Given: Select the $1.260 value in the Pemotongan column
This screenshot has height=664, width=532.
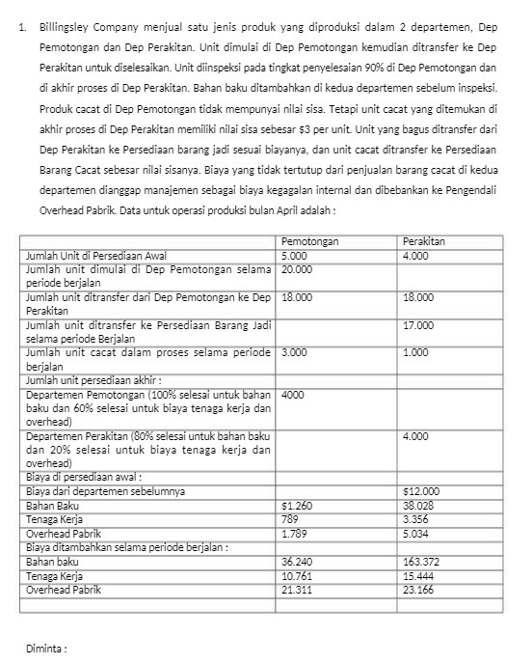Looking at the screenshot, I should click(296, 505).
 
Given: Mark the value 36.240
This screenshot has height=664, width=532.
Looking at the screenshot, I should click(298, 560).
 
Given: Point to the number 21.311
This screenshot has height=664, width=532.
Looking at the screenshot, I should click(297, 587).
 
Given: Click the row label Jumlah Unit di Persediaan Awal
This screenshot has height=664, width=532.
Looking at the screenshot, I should click(92, 255).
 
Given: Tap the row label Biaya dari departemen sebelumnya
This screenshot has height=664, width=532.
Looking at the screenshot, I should click(105, 491).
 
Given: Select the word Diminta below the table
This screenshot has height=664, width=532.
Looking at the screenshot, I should click(44, 647).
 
